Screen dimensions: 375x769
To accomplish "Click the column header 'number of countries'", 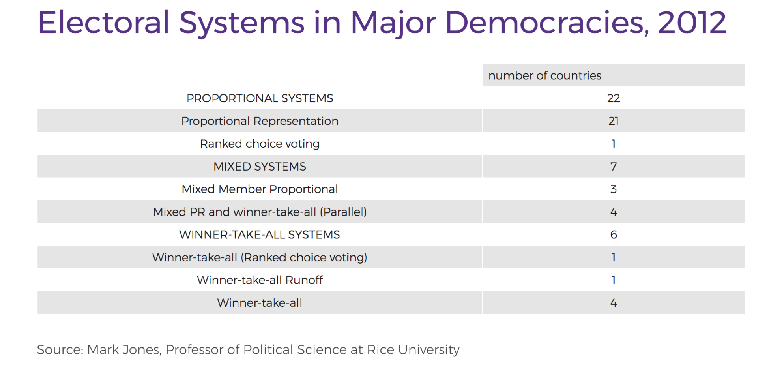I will click(x=544, y=75).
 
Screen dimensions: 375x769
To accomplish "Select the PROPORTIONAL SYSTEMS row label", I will click(x=260, y=98).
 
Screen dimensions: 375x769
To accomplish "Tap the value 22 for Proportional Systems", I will click(x=613, y=98).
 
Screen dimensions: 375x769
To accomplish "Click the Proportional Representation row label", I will click(x=260, y=121).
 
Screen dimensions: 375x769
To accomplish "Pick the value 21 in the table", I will click(x=613, y=121).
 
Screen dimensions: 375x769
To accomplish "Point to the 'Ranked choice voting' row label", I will click(x=260, y=144).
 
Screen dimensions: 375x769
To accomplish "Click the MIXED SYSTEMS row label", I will click(x=260, y=167).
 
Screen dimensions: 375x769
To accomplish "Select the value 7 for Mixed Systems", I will click(x=613, y=167).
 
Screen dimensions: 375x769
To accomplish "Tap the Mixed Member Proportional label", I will click(x=260, y=189).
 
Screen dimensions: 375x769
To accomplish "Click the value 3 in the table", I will click(x=613, y=189).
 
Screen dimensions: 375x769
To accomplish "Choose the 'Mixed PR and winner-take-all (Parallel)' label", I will click(x=260, y=212).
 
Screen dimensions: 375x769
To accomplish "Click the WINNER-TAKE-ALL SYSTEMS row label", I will click(x=260, y=234).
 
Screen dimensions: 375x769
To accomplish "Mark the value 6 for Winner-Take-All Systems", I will click(x=613, y=234).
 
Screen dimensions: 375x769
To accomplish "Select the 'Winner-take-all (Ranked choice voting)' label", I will click(x=260, y=257).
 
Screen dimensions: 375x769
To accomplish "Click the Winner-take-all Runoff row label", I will click(x=260, y=280).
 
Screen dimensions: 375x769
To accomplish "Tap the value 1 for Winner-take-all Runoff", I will click(x=613, y=280).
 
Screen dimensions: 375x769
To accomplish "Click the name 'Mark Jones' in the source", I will click(x=123, y=350).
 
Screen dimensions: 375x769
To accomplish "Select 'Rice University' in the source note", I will click(x=413, y=350).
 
